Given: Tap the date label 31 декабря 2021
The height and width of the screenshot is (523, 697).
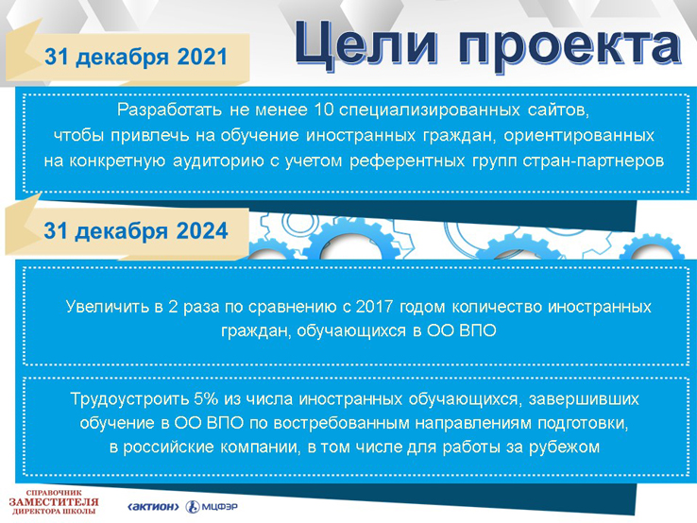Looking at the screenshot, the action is pos(136,58).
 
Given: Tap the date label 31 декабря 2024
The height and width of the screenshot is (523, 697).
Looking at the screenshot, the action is pos(136,231).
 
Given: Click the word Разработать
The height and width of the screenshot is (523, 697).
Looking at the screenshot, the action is pos(169,110).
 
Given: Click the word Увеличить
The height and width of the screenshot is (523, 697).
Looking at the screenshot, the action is pos(107,307).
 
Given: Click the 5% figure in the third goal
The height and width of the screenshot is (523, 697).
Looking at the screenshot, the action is pos(206,398).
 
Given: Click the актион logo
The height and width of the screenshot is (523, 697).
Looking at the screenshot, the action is pos(153,507).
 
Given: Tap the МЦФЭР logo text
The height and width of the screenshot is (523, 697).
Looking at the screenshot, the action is pos(220,507).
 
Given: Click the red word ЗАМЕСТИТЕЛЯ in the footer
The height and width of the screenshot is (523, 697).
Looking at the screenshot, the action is pos(54,502).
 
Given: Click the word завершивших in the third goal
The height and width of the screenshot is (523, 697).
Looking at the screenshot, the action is pos(584,398).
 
